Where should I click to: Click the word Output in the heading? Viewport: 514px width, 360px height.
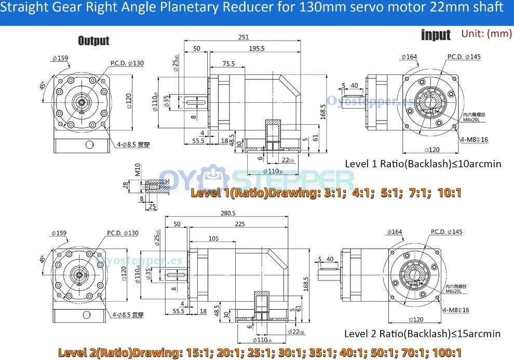coord(93,41)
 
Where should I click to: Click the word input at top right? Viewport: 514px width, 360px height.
coord(436,35)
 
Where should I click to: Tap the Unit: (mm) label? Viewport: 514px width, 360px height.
coord(486,33)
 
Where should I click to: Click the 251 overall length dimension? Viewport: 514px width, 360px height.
coord(244,37)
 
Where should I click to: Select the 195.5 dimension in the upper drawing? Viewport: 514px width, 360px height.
coord(256,48)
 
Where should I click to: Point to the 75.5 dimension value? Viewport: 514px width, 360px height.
coord(228,64)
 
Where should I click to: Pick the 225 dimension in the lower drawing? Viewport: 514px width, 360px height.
coord(240,224)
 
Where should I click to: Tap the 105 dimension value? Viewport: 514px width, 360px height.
coord(213,238)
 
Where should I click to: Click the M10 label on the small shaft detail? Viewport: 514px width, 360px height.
coord(138,171)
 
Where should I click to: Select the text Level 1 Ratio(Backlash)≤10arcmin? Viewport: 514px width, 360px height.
coord(423,164)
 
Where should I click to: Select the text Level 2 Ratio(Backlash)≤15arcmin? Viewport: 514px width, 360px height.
coord(422,334)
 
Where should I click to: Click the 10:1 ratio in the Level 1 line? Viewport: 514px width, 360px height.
coord(450,193)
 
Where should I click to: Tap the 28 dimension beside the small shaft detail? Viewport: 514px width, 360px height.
coord(126,185)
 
